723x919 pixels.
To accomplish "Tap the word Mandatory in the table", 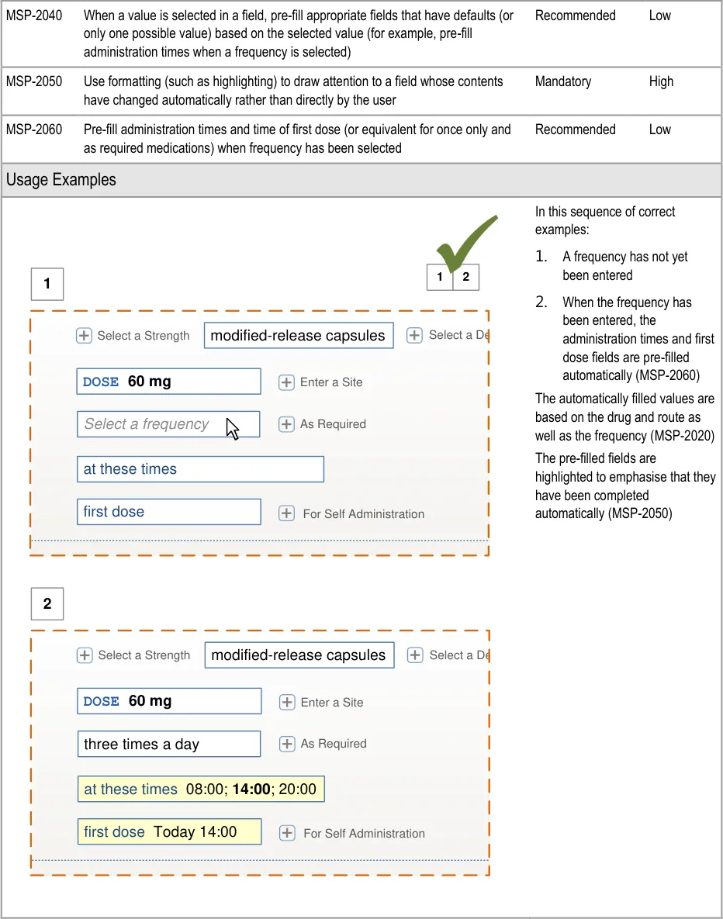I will pos(563,81).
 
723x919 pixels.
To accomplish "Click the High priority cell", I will pos(661,81).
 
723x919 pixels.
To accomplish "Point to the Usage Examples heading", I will pos(61,180).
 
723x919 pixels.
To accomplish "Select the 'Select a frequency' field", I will pos(168,424).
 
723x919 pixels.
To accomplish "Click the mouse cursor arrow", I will pos(232,428).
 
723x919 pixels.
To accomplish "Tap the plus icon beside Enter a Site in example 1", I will pos(286,382).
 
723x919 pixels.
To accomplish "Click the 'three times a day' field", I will pos(169,745).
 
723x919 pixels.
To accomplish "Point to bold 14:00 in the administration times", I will pos(251,789).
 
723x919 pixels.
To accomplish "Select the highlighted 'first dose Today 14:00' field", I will pos(169,832).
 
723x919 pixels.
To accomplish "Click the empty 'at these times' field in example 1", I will pos(200,469).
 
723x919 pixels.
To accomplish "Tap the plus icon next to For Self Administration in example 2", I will pos(287,833).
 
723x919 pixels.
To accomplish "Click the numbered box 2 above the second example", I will pos(47,604).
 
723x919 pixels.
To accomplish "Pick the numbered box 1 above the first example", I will pos(47,284).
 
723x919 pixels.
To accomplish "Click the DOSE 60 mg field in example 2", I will pos(169,701).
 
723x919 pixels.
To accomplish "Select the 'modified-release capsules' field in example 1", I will pos(299,336).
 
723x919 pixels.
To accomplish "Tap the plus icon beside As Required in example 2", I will pos(287,745).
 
